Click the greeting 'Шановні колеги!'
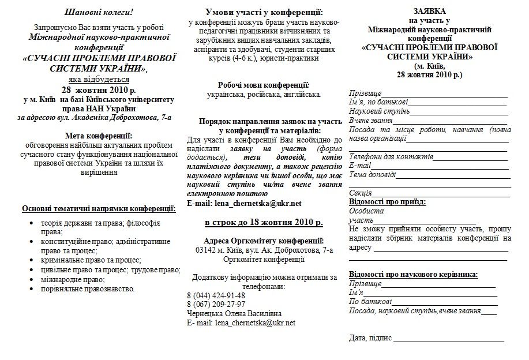coord(98,12)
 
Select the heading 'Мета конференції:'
coord(98,135)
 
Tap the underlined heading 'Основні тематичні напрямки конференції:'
coord(98,208)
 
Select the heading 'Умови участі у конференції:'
coord(264,13)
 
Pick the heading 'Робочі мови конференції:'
coord(264,85)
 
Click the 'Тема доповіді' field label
coord(373,174)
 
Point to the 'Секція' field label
coord(361,193)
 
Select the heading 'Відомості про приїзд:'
coord(388,202)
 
